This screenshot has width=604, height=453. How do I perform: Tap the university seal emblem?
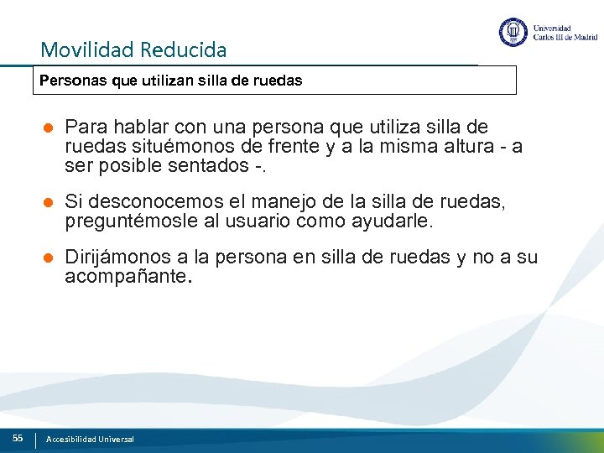(513, 33)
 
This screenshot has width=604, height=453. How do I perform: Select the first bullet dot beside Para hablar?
(49, 128)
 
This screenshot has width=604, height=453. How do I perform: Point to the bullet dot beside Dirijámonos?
(49, 258)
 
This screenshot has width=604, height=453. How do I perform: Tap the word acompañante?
(127, 276)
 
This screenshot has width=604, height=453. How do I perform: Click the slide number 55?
(18, 438)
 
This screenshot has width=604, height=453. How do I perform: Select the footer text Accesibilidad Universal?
(91, 439)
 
